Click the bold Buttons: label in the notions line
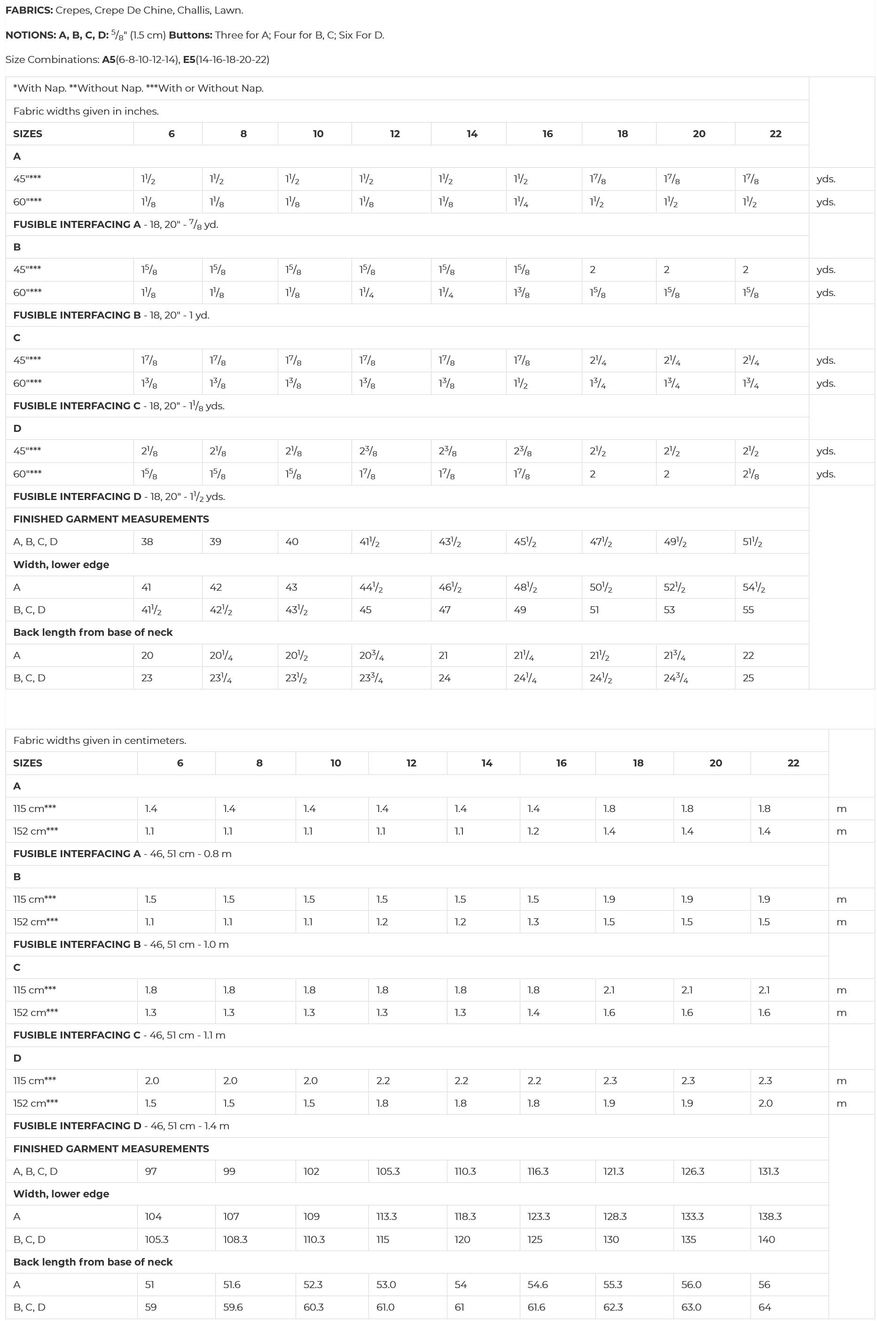[x=191, y=35]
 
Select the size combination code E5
[x=189, y=59]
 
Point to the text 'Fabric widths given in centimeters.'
[x=100, y=741]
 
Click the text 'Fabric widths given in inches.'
[x=86, y=111]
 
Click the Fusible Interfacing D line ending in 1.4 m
[x=121, y=1126]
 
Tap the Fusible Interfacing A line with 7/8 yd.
[x=116, y=225]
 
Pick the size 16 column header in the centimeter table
[x=562, y=763]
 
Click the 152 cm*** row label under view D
[x=36, y=1103]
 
